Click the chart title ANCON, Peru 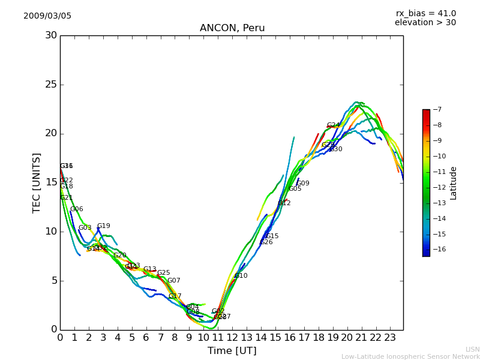(x=232, y=28)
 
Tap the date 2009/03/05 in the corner (x=47, y=16)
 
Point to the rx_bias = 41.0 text (x=425, y=14)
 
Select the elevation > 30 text (x=425, y=23)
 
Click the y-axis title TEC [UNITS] (x=37, y=182)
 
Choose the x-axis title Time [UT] (x=232, y=351)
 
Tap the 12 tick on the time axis (x=232, y=337)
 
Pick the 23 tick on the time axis (x=390, y=337)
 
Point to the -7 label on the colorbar (x=437, y=110)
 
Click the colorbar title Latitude (x=454, y=183)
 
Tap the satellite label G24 (x=333, y=125)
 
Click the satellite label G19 (x=104, y=226)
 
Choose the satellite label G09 (x=303, y=184)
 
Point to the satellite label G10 (x=241, y=276)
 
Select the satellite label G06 (x=77, y=209)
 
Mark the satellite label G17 (x=175, y=296)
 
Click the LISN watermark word (x=472, y=349)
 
